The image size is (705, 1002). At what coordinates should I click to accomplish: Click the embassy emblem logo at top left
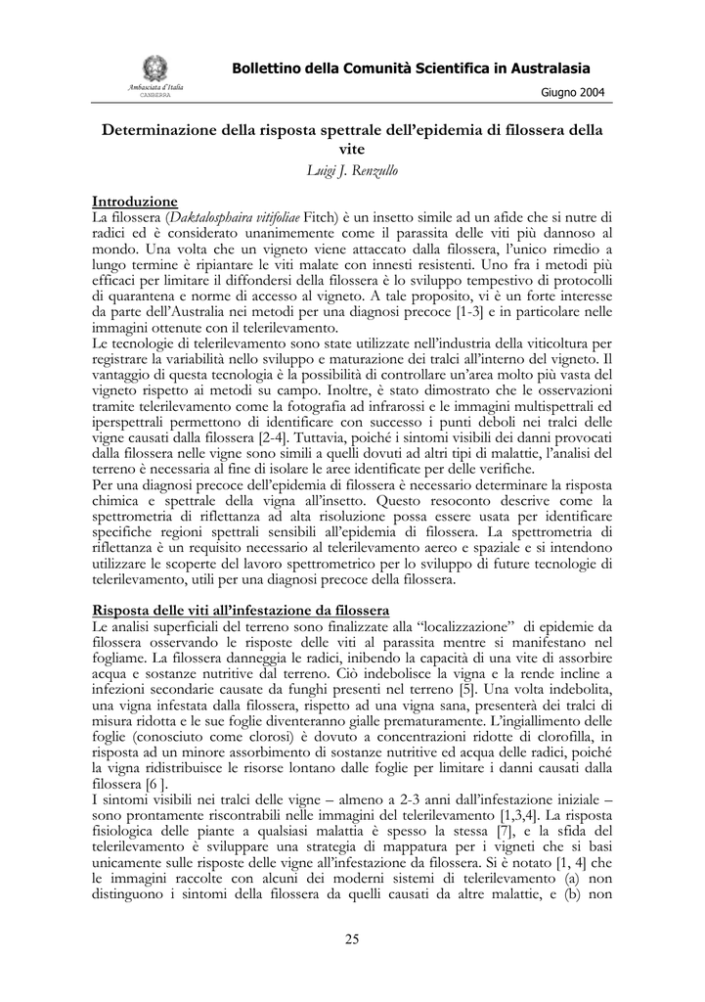pyautogui.click(x=155, y=68)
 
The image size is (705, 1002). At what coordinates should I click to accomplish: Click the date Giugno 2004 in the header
pyautogui.click(x=572, y=92)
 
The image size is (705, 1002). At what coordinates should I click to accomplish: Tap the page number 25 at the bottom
pyautogui.click(x=352, y=940)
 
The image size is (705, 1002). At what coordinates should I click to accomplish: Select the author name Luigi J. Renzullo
pyautogui.click(x=352, y=170)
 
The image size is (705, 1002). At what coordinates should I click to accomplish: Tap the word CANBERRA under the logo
pyautogui.click(x=155, y=96)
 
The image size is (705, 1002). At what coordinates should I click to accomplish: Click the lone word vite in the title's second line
pyautogui.click(x=352, y=149)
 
